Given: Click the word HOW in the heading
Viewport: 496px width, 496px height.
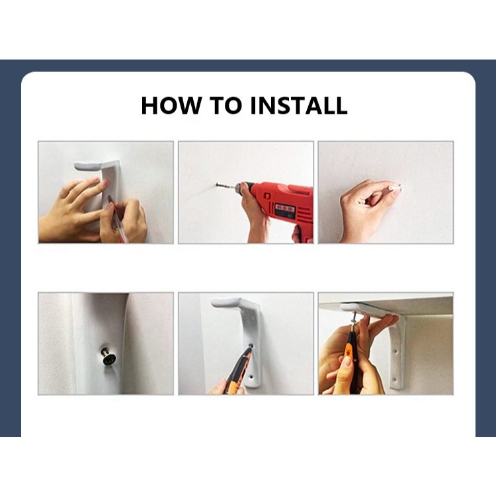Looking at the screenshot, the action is pos(171,105).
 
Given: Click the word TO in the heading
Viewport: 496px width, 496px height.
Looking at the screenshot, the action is pos(226,105).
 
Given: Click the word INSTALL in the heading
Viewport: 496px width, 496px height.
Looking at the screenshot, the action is pos(299,105).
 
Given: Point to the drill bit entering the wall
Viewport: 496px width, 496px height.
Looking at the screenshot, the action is pos(226,186).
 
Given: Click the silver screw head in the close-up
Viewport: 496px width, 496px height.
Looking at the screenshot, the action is pos(108,357).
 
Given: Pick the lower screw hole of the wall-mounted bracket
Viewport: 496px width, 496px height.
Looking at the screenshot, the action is pos(251,378).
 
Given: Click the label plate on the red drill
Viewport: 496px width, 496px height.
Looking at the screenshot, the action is pos(285,210).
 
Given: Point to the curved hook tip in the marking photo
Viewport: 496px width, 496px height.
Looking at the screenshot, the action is pos(78,165).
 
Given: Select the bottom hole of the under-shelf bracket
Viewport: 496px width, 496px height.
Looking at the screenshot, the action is pos(394,380).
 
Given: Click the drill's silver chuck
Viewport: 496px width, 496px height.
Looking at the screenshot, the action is pos(239,187).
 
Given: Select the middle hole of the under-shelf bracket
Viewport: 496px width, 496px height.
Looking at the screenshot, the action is pos(395,351).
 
